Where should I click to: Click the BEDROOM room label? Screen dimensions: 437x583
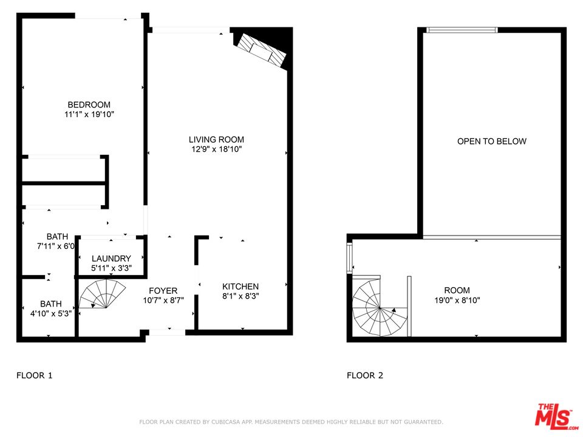(89, 104)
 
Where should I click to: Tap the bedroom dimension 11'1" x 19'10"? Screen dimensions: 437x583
(89, 114)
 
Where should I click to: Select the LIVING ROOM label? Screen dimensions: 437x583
(216, 140)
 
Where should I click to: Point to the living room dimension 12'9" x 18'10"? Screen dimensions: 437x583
(216, 149)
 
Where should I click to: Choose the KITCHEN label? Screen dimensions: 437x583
(240, 286)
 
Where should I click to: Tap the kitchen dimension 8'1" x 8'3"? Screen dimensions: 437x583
(240, 297)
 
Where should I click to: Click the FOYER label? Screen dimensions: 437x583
(163, 291)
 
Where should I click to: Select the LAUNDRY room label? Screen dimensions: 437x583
(111, 259)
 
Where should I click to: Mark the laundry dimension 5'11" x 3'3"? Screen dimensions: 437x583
(111, 268)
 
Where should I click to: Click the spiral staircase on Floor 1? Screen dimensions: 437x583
(104, 299)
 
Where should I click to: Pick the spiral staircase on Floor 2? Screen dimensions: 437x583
(376, 306)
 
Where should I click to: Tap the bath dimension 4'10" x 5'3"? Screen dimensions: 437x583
(51, 314)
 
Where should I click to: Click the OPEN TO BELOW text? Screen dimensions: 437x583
(492, 141)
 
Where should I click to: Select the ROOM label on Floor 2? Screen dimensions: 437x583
(457, 290)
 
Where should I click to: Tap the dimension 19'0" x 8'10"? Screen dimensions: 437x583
(457, 300)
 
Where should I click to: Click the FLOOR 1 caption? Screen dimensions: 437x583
(34, 376)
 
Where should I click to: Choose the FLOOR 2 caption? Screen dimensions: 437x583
(365, 376)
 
